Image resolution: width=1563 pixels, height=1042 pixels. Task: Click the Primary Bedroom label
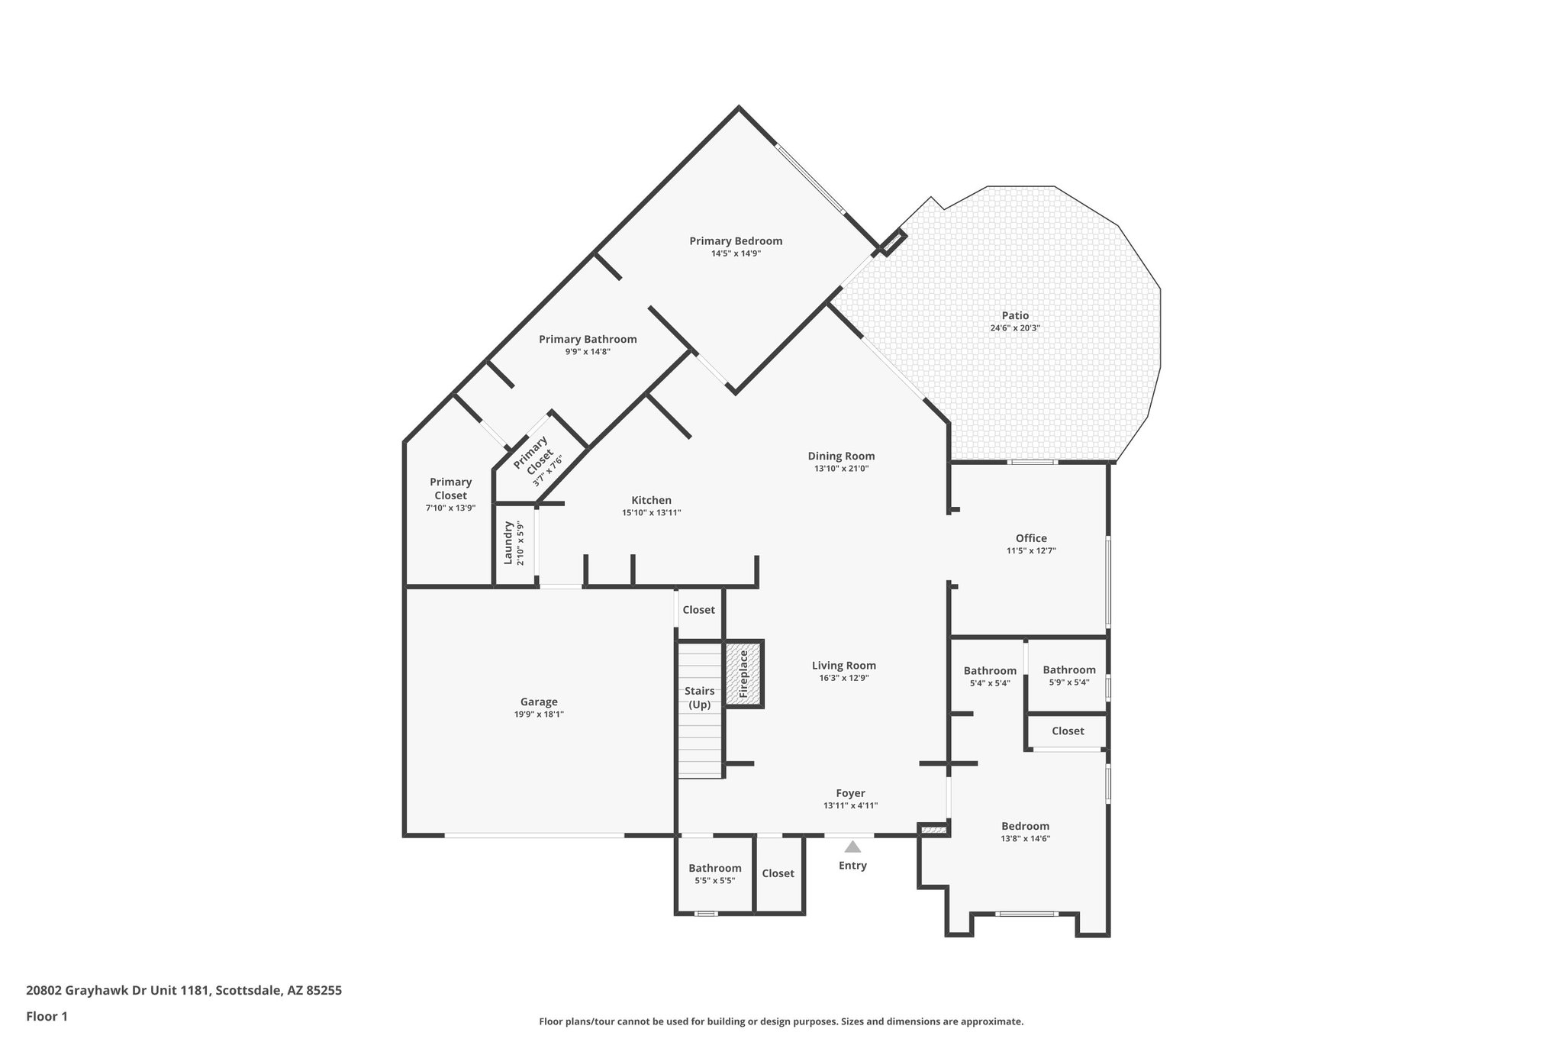point(736,241)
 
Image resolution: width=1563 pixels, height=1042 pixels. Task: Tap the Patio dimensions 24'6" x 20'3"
point(1015,328)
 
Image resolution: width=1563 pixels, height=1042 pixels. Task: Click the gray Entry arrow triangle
point(852,847)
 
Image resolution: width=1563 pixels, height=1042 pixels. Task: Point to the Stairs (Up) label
point(700,698)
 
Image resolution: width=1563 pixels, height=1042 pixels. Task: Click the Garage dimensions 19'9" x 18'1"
point(539,715)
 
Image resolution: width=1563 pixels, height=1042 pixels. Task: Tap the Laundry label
point(508,543)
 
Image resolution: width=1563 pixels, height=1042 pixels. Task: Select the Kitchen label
point(651,500)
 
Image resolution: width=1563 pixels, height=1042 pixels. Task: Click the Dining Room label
point(841,456)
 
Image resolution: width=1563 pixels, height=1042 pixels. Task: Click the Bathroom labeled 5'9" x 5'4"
point(1068,670)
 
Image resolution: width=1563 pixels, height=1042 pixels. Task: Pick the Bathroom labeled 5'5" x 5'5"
point(714,868)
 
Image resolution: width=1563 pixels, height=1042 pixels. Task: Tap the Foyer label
point(850,793)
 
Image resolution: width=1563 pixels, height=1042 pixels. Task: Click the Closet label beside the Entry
point(778,873)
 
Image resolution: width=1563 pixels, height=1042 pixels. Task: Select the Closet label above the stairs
point(698,610)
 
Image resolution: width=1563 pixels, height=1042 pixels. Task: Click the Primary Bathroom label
point(588,340)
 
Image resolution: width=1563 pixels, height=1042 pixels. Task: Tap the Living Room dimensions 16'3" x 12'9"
point(843,678)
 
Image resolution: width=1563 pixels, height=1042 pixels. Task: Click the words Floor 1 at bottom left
point(47,1016)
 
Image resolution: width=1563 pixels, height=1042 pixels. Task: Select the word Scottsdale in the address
point(247,991)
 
